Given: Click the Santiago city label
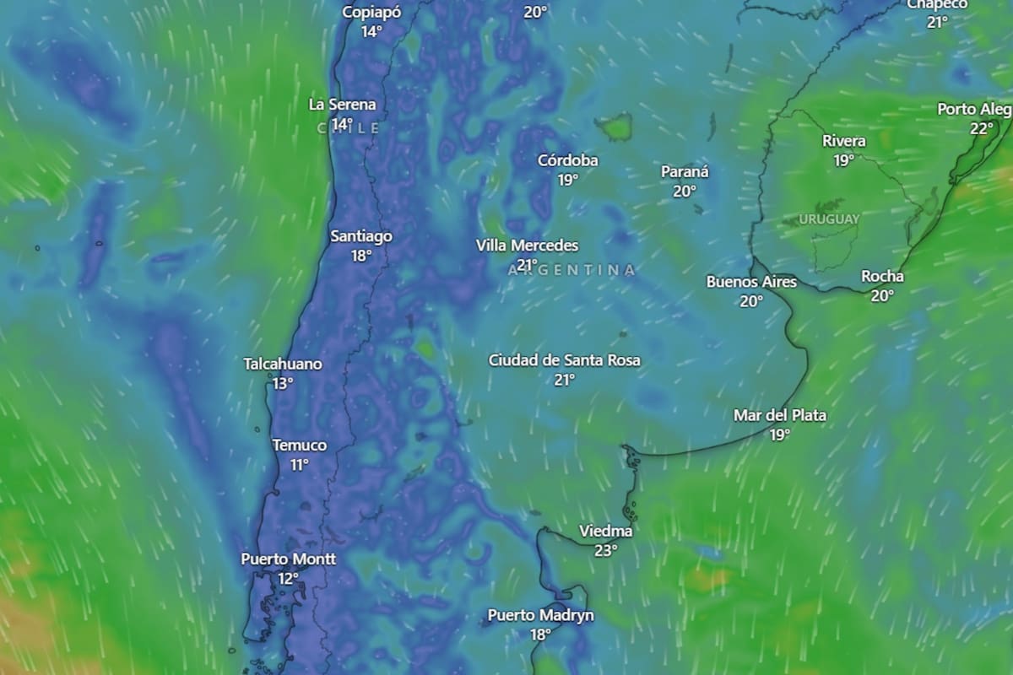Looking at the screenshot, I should point(360,236).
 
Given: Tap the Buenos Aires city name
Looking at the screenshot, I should point(751,282).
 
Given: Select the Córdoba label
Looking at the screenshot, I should point(568,160).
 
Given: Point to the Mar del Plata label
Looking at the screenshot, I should point(779,415).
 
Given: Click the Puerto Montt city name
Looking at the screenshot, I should point(288,559).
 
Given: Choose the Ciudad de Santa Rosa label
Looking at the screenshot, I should point(564,360).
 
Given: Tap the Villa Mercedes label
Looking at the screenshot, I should point(527,246).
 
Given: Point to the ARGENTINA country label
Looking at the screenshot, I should point(572,270).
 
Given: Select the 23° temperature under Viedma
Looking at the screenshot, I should point(605,550).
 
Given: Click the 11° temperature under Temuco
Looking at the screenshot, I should point(300,465).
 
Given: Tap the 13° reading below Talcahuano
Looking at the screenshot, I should point(283,383).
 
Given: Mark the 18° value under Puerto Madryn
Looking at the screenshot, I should point(540,634).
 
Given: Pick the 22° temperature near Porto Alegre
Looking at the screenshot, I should point(982,129).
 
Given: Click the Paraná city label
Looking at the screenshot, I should point(685,172).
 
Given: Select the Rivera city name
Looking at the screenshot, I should point(844,141).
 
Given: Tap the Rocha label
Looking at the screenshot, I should point(882,277).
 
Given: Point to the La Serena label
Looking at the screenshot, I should point(342,105).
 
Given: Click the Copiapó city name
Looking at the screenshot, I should point(371,12).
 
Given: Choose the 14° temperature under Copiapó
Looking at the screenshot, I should point(371,31).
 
